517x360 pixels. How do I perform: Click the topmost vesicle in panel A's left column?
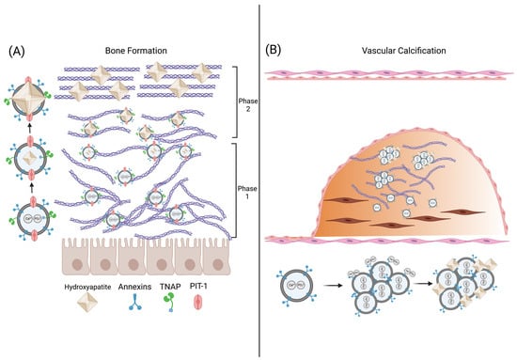click(x=29, y=85)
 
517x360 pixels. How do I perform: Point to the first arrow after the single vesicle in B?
click(x=340, y=289)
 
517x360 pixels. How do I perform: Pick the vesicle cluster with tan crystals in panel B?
click(x=465, y=290)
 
